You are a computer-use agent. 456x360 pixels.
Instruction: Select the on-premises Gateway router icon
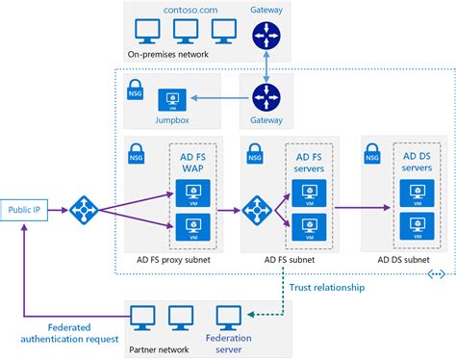pos(265,37)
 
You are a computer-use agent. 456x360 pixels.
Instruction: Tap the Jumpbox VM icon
pos(174,98)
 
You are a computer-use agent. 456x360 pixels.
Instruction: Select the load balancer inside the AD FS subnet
pos(258,208)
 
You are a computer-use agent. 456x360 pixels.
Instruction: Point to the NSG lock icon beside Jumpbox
pos(135,90)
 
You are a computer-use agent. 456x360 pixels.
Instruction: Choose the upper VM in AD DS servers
pos(416,188)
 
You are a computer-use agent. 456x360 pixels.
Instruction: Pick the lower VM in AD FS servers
pos(307,227)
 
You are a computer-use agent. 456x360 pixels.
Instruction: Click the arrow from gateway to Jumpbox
pos(216,97)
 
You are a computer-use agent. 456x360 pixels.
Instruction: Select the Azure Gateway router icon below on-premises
pos(265,97)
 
